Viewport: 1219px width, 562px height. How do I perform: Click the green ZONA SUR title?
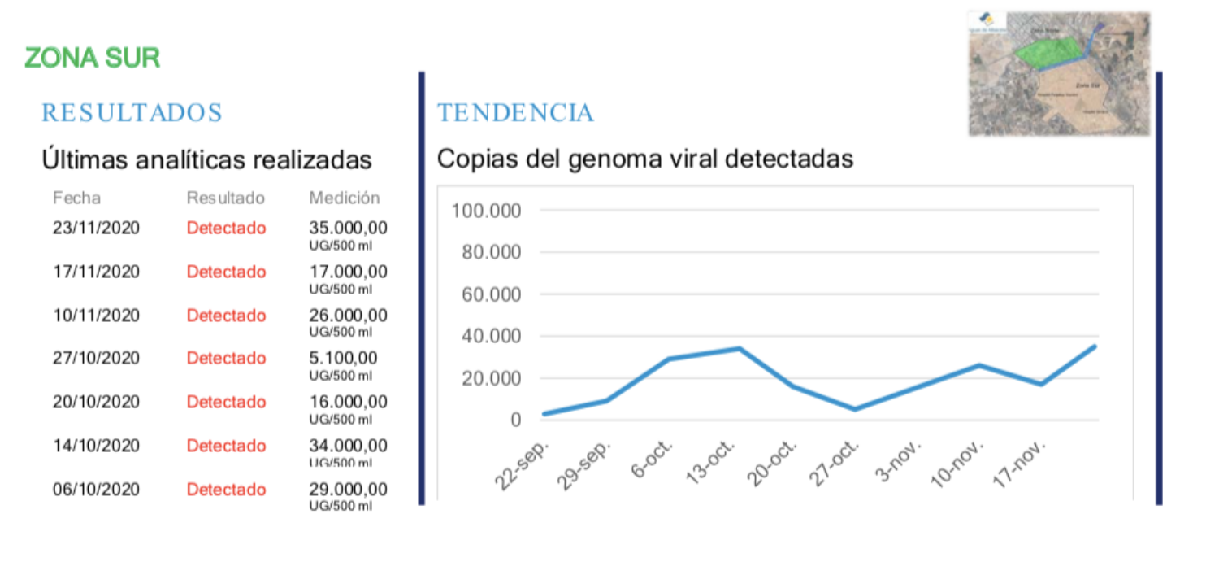[93, 58]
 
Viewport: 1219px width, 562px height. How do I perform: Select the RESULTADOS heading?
[132, 113]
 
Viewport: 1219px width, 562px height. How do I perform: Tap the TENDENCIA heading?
[515, 113]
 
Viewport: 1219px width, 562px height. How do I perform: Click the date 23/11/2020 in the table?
[96, 228]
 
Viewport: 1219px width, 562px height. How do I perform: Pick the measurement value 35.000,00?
[348, 228]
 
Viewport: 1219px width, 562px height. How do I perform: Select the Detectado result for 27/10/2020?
[226, 358]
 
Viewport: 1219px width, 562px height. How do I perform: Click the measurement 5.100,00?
[343, 358]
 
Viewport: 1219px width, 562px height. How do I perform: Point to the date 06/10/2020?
[96, 490]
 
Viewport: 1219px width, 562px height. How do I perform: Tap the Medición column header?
[344, 198]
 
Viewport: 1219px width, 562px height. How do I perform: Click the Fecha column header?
[76, 198]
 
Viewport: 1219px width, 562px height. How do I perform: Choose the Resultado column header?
[226, 198]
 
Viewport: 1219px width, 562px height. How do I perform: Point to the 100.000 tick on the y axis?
[486, 211]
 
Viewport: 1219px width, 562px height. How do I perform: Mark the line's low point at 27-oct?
[854, 409]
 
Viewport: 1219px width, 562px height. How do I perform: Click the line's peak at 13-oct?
[739, 349]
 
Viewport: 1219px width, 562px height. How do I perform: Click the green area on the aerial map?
[1048, 54]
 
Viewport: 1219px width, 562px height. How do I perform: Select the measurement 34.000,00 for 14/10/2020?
[348, 446]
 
